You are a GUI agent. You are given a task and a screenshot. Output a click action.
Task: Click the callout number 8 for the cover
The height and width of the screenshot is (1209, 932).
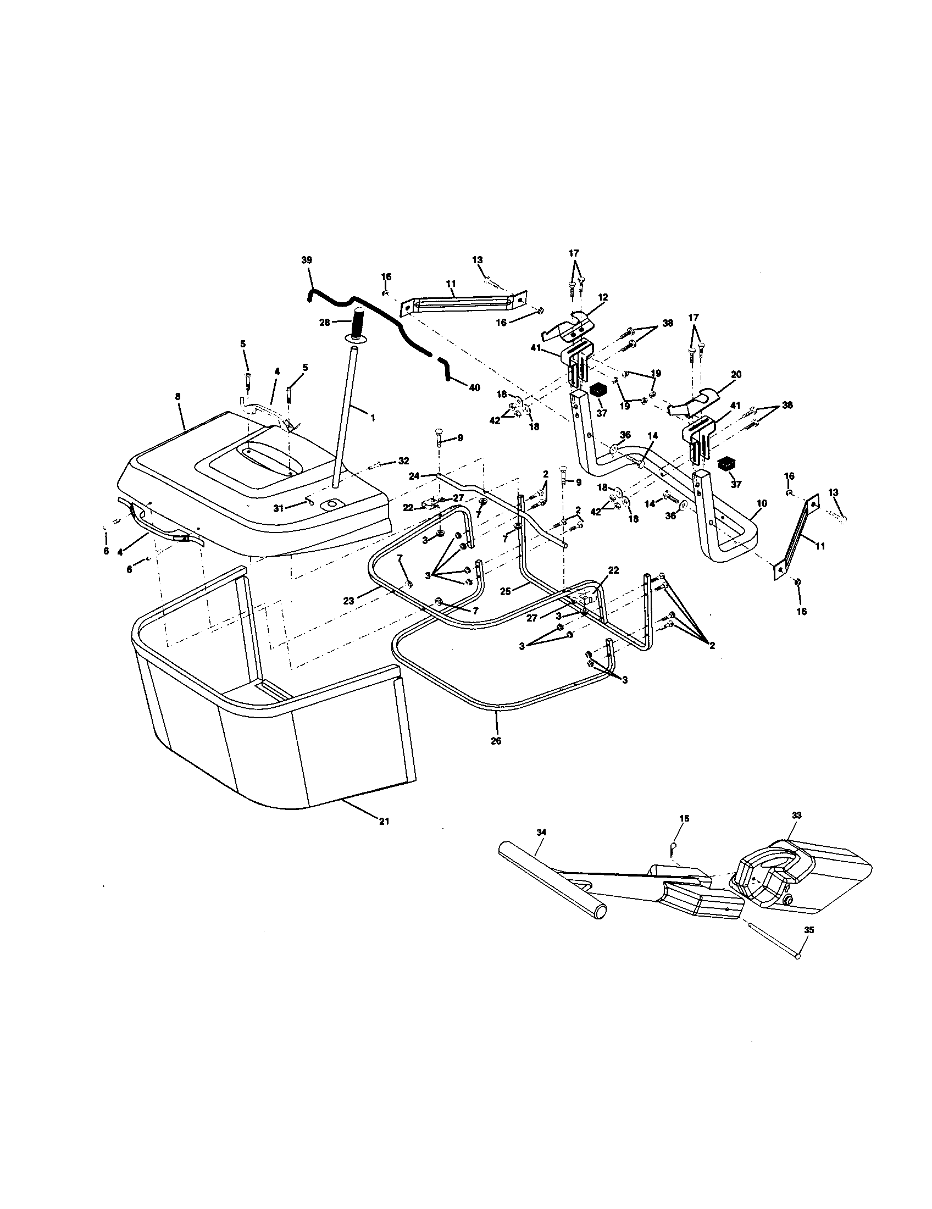tap(177, 396)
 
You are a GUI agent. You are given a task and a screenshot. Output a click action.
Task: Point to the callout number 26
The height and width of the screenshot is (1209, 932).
tap(496, 741)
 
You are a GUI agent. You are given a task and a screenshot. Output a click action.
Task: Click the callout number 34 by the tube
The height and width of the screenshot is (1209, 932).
tap(541, 847)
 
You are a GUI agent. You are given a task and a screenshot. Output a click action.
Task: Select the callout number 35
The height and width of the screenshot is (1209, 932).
tap(808, 930)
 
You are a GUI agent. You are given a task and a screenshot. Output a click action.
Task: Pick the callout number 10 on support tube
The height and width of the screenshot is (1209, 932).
tap(762, 503)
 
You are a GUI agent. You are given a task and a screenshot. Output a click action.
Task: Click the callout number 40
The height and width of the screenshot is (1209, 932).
tap(474, 387)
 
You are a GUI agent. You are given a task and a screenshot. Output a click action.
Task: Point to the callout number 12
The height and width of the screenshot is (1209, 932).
tap(603, 297)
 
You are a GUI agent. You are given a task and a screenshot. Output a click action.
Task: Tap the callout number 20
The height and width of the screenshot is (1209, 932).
tap(735, 374)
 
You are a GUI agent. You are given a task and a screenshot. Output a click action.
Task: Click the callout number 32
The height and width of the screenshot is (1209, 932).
tap(404, 461)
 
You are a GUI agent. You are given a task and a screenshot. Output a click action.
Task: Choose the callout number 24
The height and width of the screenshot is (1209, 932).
tap(414, 475)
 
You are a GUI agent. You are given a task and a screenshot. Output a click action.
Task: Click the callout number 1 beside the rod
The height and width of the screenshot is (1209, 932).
tap(373, 418)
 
